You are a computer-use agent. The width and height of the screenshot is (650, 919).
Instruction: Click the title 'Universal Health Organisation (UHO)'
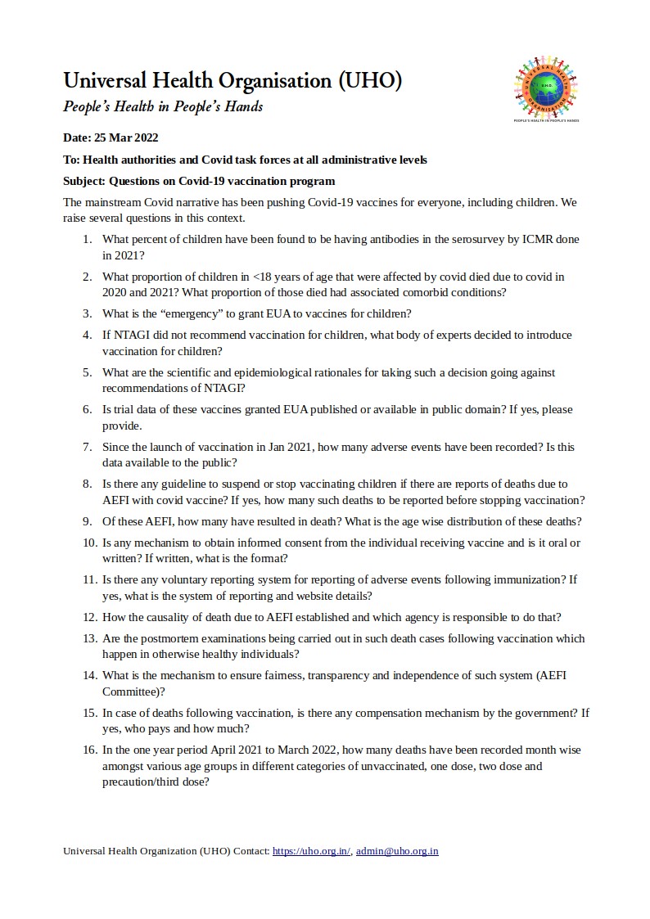pyautogui.click(x=232, y=81)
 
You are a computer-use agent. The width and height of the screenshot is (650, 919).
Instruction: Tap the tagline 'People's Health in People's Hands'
pyautogui.click(x=163, y=107)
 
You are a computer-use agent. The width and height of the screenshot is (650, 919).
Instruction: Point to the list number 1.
pyautogui.click(x=87, y=239)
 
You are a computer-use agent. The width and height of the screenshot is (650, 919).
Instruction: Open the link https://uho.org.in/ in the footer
pyautogui.click(x=311, y=851)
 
